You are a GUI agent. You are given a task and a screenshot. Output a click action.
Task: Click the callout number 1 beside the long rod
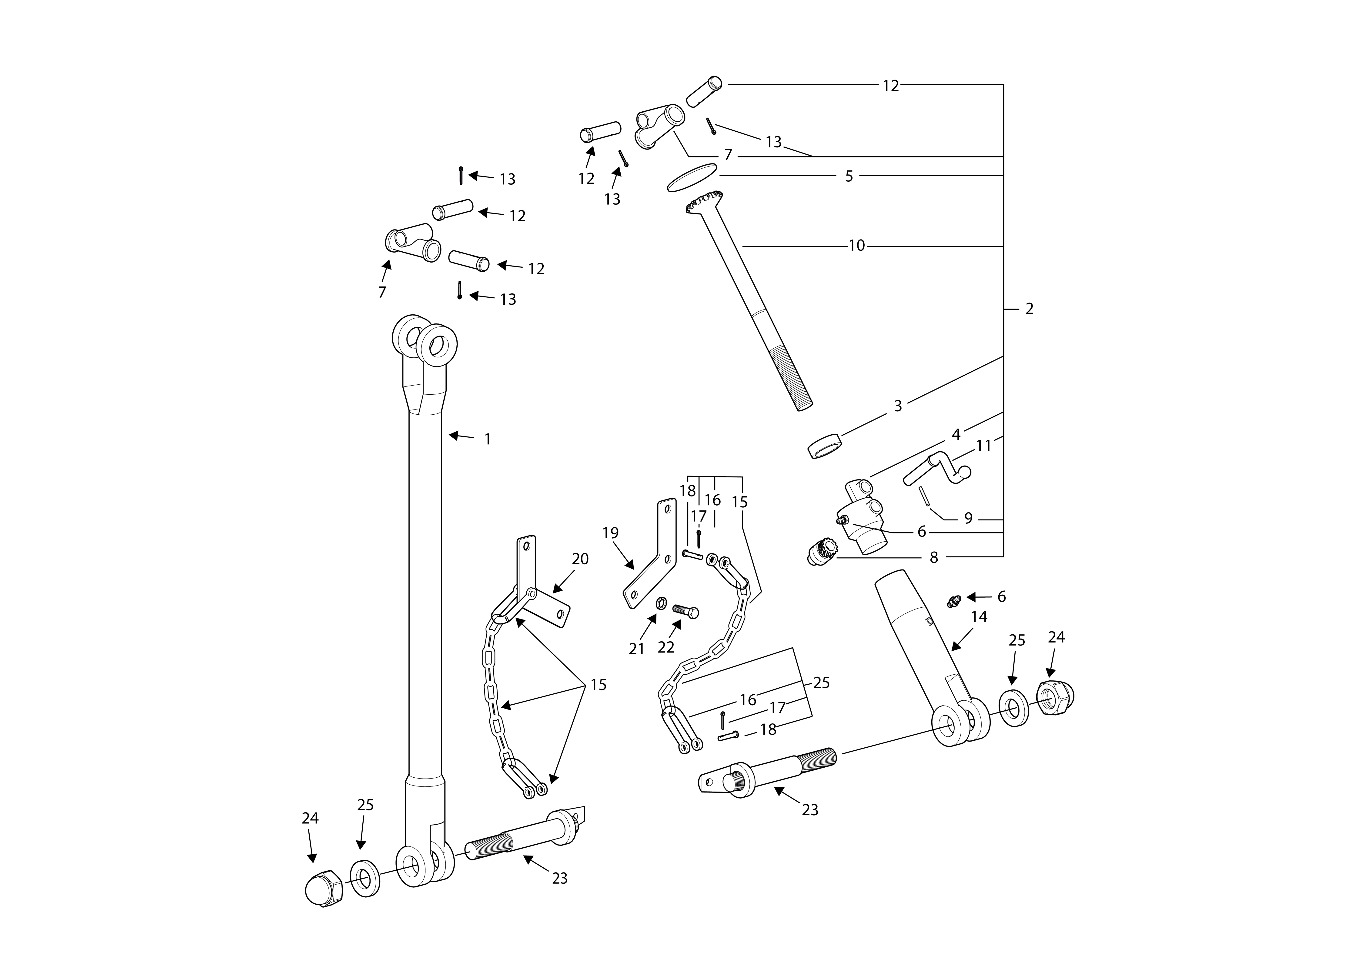point(487,440)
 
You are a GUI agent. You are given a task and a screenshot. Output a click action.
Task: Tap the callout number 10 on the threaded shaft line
point(856,245)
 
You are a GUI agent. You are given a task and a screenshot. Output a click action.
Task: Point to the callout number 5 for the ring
point(849,176)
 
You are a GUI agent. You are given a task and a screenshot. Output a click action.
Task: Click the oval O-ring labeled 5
point(692,178)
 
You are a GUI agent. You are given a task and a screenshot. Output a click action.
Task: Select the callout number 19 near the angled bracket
point(610,533)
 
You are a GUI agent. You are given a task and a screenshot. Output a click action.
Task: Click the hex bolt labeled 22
point(685,611)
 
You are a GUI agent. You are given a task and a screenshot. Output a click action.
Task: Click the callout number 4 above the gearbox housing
point(956,435)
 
